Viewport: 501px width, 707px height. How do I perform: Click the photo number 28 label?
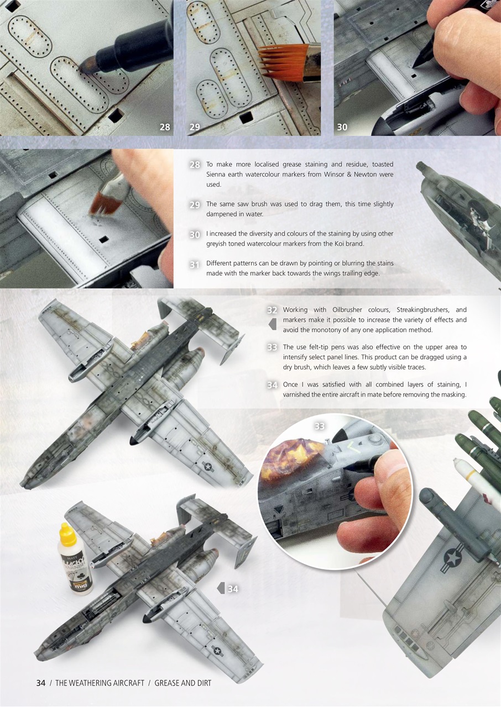tap(165, 127)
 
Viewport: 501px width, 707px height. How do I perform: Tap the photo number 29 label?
tap(195, 127)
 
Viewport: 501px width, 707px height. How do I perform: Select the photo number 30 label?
tap(342, 127)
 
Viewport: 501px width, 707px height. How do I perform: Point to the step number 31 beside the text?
tap(195, 265)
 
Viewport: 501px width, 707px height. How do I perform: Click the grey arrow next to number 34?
tap(221, 588)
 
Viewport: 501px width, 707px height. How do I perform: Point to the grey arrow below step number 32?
tap(272, 324)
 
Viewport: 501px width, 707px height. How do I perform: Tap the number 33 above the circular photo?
tap(320, 426)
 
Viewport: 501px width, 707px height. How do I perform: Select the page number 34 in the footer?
tap(40, 683)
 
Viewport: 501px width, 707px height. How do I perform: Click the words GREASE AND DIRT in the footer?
tap(182, 683)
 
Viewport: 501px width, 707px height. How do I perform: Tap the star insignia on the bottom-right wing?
tap(453, 558)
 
